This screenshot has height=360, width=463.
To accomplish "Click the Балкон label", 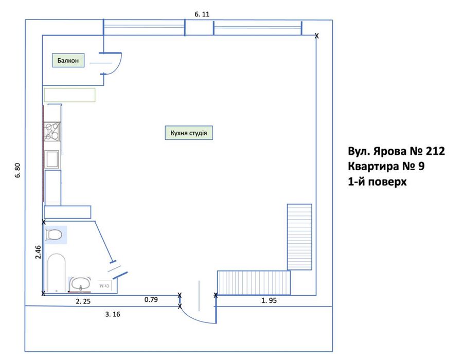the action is coord(68,61).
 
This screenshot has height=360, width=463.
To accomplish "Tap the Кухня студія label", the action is coord(189,133).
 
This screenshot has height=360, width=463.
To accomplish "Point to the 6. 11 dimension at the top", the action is coord(202,14).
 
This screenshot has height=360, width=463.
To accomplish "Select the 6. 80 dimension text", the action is coord(17,170).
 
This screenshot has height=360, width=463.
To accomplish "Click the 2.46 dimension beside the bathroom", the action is coord(38,253).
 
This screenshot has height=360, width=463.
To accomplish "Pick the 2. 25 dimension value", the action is coord(83,301).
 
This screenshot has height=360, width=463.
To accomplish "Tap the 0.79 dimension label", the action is coord(151,299).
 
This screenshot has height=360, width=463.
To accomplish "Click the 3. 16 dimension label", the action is coord(113,314).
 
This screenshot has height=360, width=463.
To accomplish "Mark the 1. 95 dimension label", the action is coord(269,301).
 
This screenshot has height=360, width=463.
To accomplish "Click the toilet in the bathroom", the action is coord(54,235).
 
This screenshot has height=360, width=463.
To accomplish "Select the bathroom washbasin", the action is coord(80,283).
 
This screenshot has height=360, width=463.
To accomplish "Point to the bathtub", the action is coord(57,273).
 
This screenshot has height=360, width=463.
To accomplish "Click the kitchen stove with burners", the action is coord(52,131).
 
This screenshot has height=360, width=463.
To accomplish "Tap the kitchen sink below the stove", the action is coord(51,159).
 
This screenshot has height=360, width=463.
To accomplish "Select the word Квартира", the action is coord(373,166).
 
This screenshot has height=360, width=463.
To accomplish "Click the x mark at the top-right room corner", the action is coord(316,35).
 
